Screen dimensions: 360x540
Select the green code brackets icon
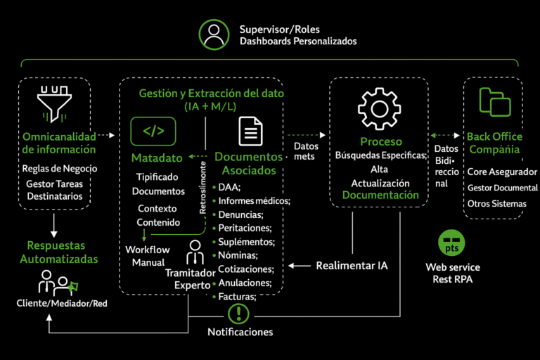[x=153, y=131]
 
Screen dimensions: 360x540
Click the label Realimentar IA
[x=351, y=266]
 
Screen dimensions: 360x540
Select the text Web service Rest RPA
[x=452, y=273]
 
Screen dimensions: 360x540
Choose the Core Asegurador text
[x=501, y=172]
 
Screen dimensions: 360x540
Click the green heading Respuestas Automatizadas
[x=57, y=252]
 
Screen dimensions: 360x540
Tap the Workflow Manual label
[x=148, y=256]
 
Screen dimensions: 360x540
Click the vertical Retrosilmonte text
[x=203, y=188]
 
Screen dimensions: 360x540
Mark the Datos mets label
[x=304, y=151]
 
